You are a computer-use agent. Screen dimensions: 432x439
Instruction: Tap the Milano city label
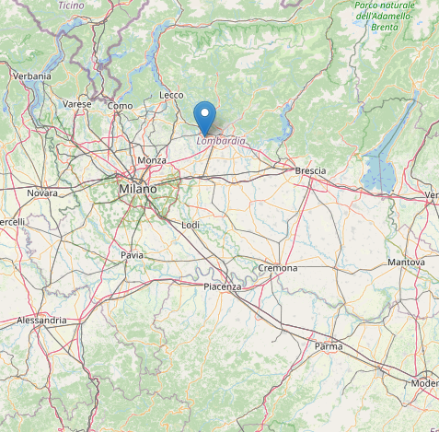[137, 189]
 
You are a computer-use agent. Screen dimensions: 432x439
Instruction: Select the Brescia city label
[310, 171]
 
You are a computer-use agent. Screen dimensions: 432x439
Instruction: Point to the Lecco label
[171, 95]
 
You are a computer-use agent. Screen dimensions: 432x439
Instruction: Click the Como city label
[120, 106]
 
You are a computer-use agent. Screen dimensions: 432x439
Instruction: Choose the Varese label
[77, 105]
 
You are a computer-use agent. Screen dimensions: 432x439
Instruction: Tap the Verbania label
[31, 76]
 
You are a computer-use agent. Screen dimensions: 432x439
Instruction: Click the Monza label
[152, 160]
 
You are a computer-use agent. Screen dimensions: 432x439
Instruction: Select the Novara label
[41, 193]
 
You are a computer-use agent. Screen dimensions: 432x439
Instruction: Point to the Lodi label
[191, 225]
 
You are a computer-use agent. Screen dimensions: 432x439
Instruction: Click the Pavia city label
[133, 254]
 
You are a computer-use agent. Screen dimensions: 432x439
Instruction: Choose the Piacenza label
[222, 287]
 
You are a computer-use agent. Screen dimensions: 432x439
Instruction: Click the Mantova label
[406, 263]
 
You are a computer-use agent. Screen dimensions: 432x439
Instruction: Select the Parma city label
[329, 346]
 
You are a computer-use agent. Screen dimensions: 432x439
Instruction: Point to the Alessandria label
[41, 321]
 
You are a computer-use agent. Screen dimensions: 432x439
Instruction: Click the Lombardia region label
[221, 141]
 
